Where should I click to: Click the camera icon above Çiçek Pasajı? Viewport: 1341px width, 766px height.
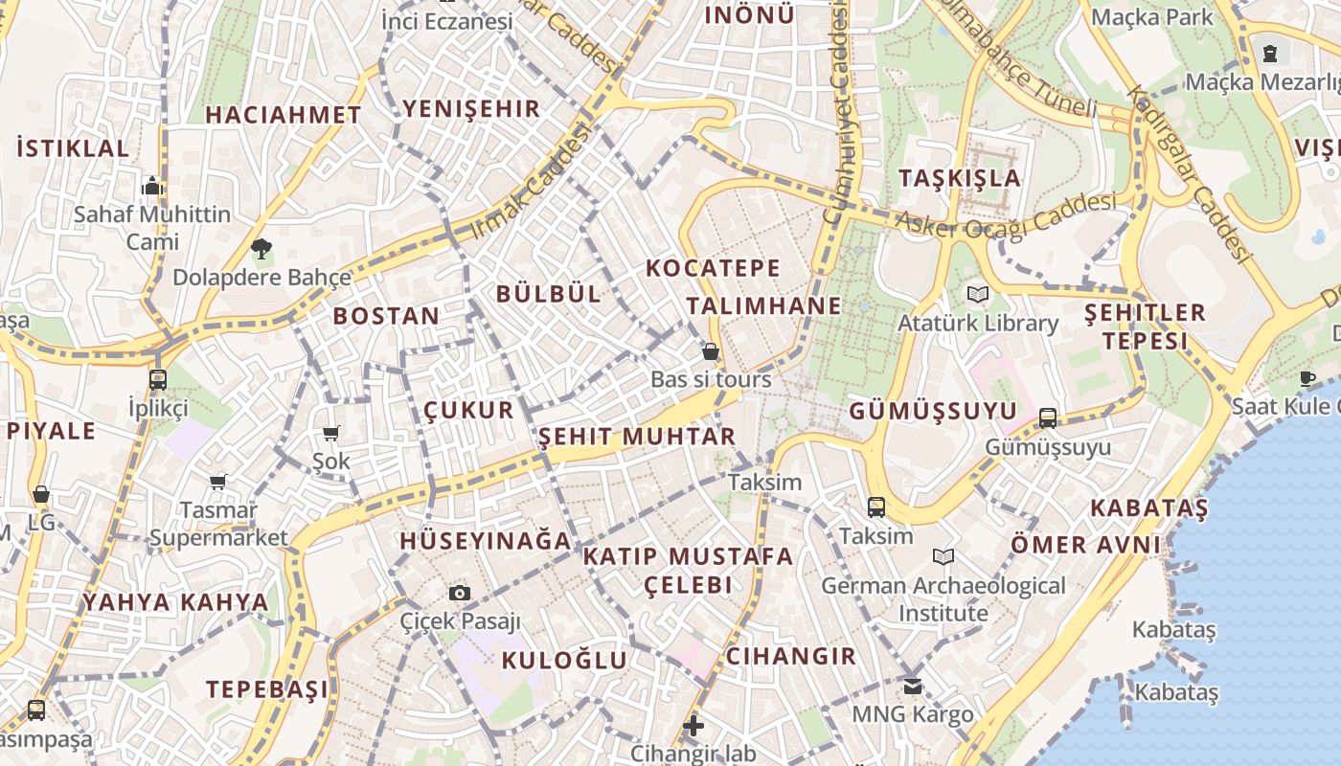460,593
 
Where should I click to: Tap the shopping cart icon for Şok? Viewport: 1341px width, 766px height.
331,433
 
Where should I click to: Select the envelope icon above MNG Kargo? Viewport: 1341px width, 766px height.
912,686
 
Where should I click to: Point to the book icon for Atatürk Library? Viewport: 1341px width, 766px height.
977,294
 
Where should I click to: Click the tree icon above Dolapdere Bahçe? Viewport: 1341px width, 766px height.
261,249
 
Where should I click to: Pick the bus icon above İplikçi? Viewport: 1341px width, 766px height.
158,379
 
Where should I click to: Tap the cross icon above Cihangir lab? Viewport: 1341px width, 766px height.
693,726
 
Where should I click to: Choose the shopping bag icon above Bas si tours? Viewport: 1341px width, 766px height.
711,350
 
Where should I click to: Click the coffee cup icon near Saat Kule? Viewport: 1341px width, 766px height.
1307,378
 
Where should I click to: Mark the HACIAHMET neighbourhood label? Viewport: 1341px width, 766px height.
284,115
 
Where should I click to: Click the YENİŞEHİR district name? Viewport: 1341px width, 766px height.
472,109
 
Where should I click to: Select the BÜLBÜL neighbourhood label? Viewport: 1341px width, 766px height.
549,294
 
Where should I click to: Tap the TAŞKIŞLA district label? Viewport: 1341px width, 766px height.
960,178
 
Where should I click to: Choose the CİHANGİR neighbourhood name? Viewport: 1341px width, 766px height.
790,657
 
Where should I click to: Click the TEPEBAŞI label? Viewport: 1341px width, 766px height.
267,689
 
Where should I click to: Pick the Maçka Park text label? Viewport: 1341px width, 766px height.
1152,17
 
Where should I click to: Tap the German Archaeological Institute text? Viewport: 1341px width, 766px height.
943,598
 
